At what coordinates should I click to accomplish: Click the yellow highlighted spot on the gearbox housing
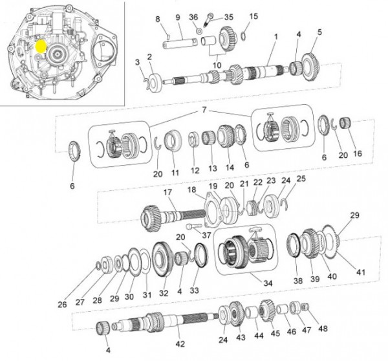(x=40, y=47)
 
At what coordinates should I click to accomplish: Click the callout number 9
(x=177, y=17)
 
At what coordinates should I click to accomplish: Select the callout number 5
(x=318, y=32)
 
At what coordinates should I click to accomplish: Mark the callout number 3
(x=137, y=62)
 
